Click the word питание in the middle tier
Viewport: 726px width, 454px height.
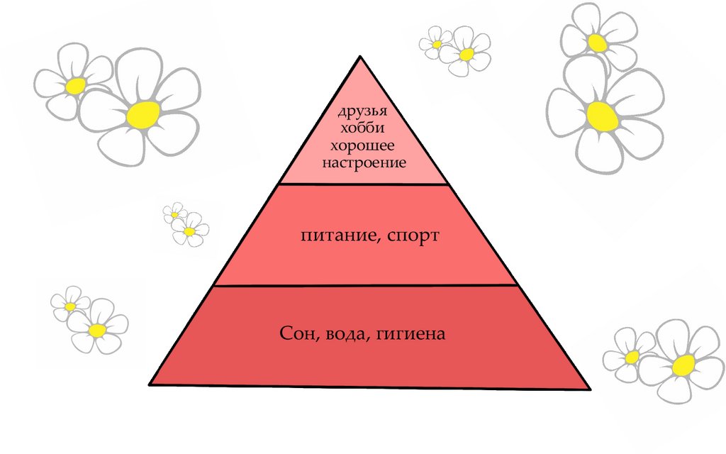334,235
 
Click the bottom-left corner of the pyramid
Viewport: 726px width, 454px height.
150,384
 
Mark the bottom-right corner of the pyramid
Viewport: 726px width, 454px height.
589,388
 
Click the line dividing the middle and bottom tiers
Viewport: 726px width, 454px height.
363,285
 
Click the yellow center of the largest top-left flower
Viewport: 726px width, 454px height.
144,113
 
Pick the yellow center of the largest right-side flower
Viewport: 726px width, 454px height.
602,116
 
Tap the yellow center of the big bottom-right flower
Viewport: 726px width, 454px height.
683,365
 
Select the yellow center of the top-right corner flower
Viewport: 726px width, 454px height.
597,43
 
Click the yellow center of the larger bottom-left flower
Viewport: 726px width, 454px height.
98,331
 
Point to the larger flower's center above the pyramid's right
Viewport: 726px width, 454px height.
467,54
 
